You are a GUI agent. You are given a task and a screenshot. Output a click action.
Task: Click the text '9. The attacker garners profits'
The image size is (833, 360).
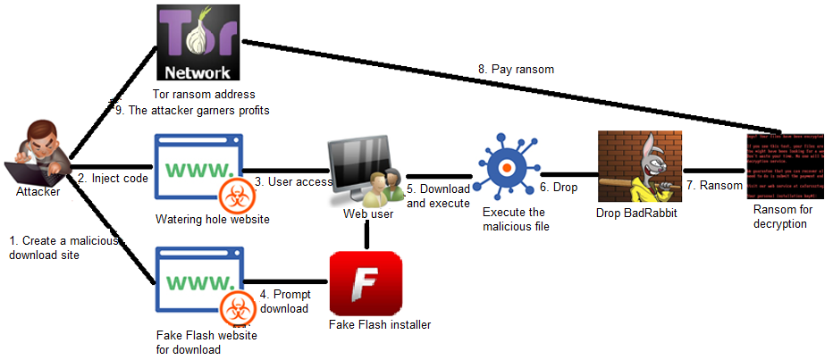tap(193, 110)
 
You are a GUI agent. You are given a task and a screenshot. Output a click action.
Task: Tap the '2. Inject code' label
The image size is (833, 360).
tap(113, 178)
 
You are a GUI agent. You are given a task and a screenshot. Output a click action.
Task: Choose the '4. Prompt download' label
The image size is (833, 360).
tap(285, 302)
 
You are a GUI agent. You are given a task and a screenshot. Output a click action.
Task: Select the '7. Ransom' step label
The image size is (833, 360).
tap(715, 185)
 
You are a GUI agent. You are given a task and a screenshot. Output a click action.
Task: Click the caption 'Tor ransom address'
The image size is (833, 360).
tap(205, 95)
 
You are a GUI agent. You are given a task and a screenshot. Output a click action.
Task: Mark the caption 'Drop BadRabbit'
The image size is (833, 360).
tap(637, 214)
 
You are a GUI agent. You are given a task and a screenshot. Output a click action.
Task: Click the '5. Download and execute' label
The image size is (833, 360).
tap(438, 196)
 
